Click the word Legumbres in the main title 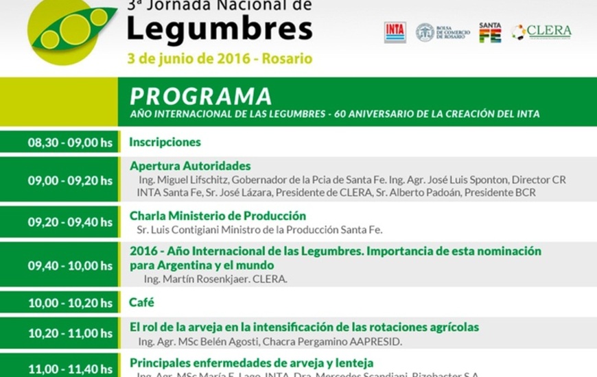220,30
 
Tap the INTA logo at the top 395,32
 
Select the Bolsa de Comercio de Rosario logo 443,32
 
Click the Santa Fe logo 490,32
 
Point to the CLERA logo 541,32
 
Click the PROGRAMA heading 200,95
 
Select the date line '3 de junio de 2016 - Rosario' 220,59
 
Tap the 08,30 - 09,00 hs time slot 69,143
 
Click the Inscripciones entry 165,143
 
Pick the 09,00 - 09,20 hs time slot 69,181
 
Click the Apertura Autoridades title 190,166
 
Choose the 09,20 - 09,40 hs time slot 69,222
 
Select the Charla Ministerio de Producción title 218,215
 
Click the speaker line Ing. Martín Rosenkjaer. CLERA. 215,279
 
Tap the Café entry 142,302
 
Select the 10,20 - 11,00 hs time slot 69,334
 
